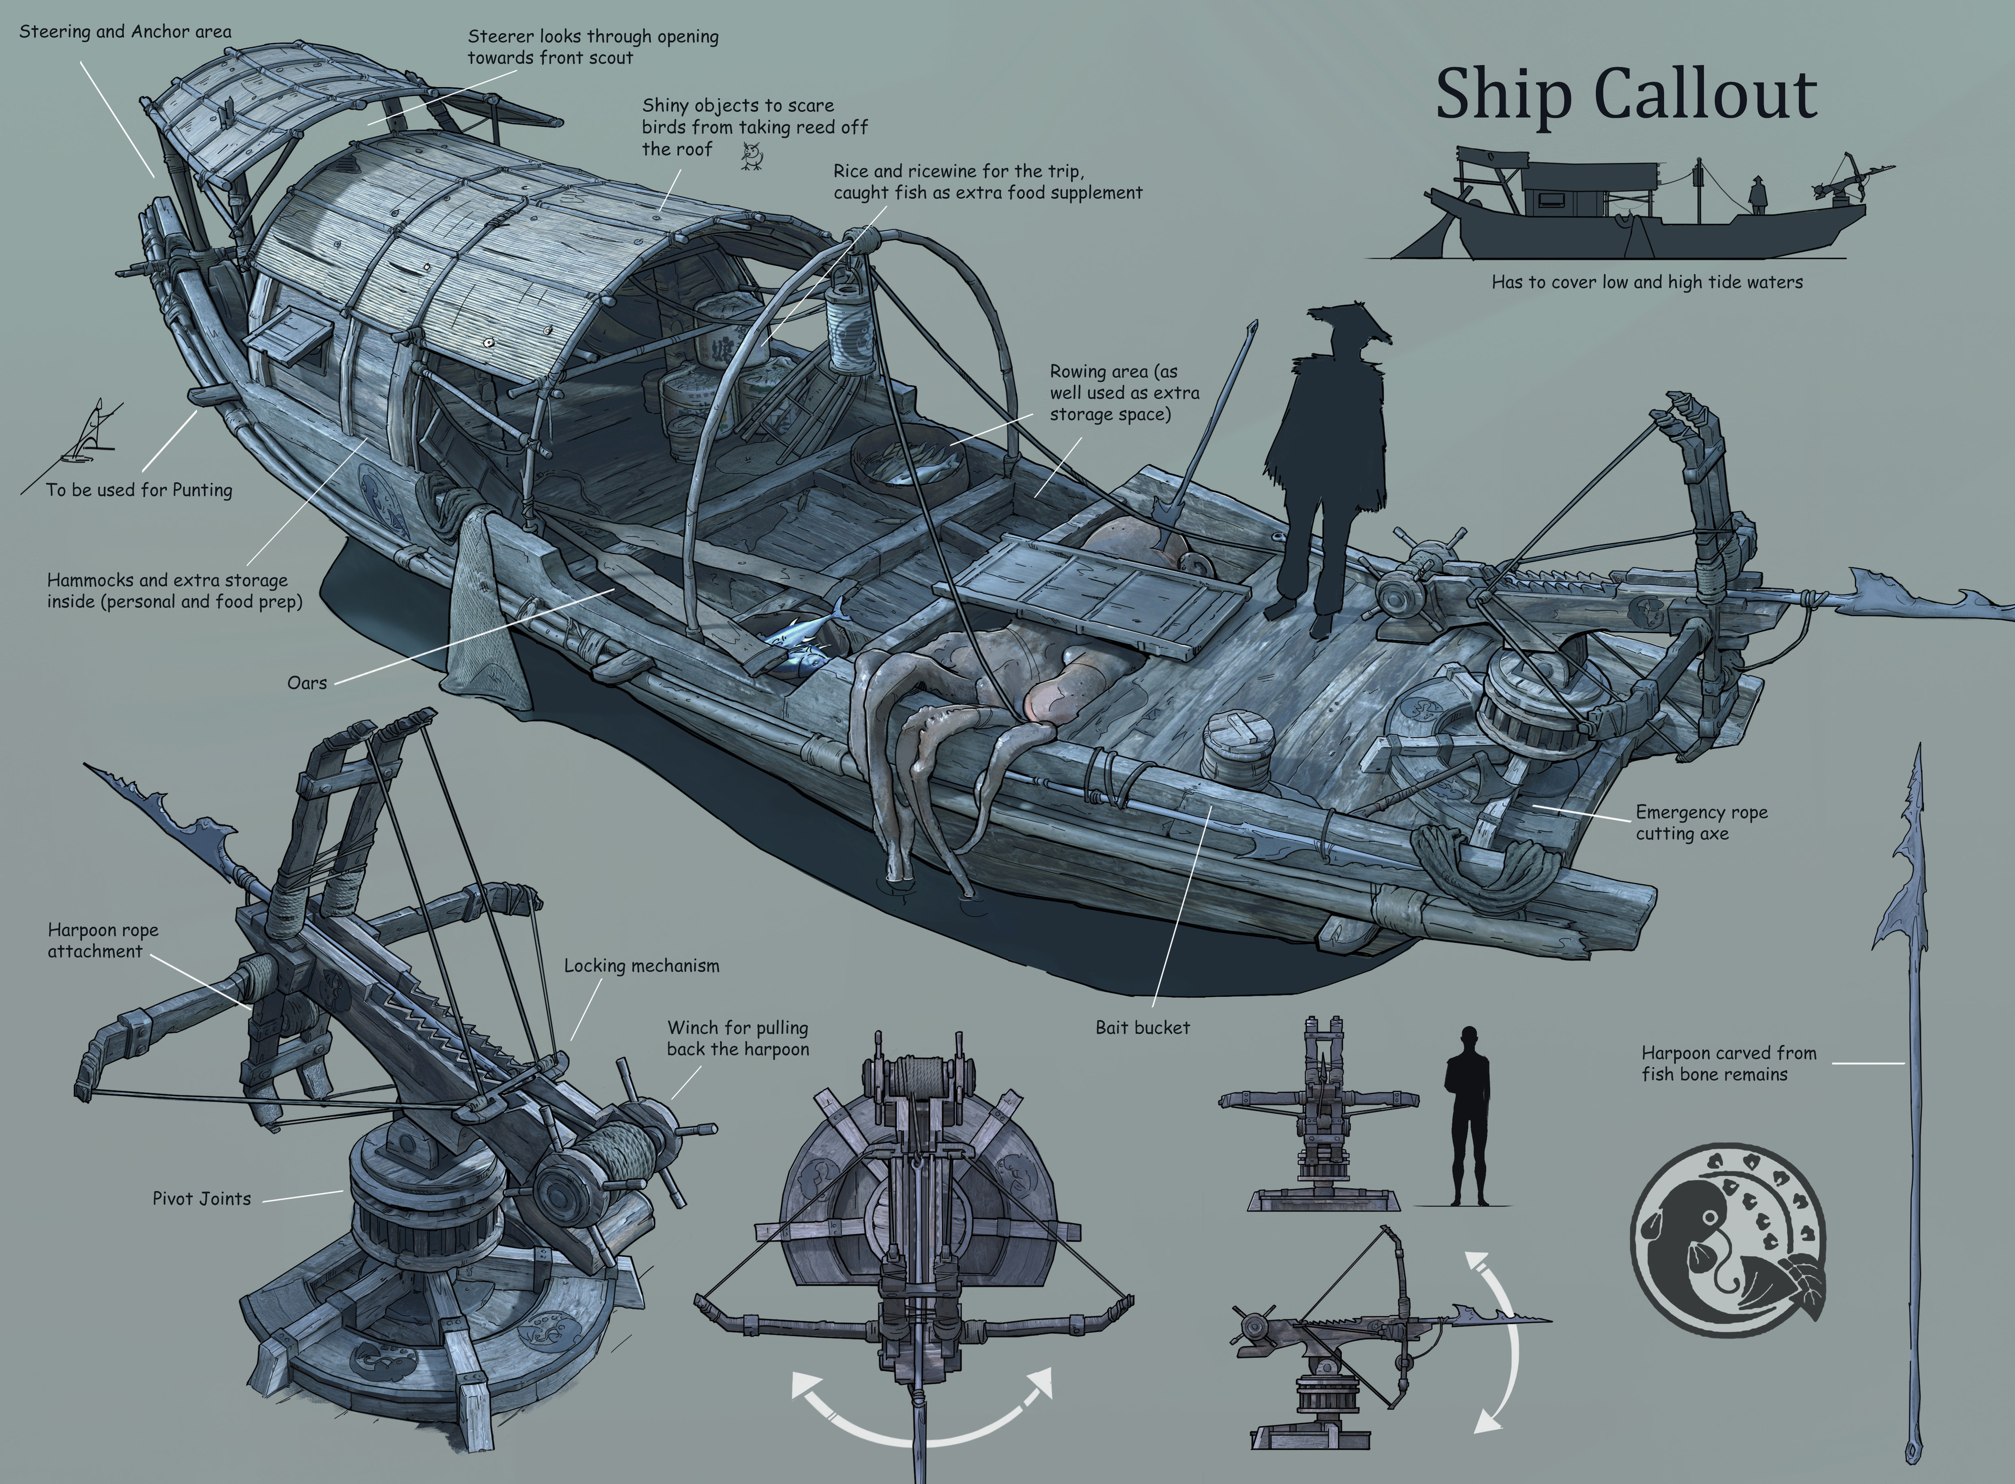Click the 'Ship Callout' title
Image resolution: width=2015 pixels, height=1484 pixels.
1626,94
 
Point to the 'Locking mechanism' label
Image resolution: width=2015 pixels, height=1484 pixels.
641,966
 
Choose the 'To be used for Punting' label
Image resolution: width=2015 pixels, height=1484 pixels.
139,490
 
